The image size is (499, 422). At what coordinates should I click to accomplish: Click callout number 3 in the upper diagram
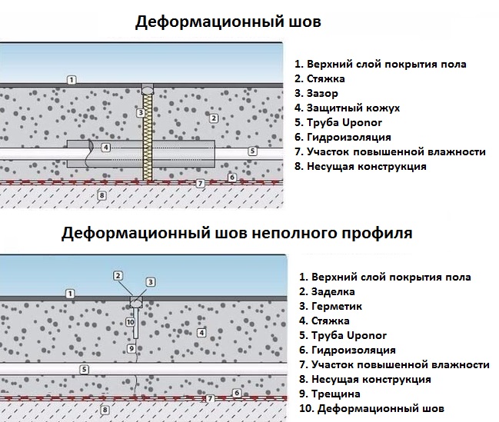click(140, 113)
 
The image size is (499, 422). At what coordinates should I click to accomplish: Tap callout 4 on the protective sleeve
click(106, 147)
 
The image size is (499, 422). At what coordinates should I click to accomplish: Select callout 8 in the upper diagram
click(101, 196)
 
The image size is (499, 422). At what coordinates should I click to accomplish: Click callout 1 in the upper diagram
click(71, 79)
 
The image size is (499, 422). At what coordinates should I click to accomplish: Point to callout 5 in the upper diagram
click(252, 151)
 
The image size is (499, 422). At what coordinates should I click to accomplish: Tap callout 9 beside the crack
click(131, 348)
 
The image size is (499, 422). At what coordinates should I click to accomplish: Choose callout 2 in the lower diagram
click(118, 275)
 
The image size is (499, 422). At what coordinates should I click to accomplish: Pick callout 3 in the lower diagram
click(151, 282)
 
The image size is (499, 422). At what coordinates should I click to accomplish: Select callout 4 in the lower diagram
click(201, 333)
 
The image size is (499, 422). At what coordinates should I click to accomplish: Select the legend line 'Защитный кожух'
click(352, 108)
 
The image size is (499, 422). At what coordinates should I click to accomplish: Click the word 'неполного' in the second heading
click(293, 231)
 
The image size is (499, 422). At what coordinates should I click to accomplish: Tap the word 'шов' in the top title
click(304, 22)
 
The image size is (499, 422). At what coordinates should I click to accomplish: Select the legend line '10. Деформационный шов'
click(371, 408)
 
